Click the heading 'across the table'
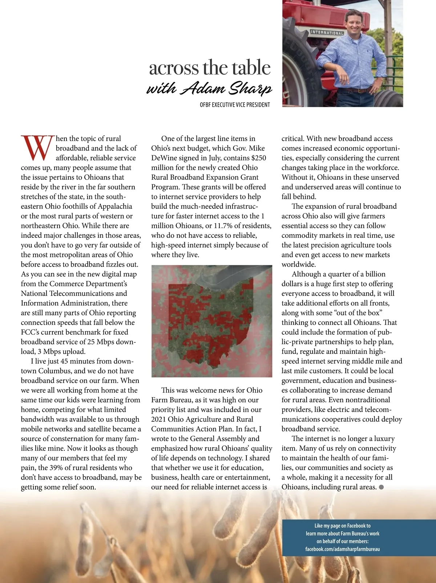[210, 68]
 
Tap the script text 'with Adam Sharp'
[209, 88]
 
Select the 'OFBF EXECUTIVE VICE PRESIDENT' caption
[235, 105]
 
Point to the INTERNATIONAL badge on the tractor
[327, 33]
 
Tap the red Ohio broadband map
[211, 321]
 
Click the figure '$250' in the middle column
[258, 158]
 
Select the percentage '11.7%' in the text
[224, 226]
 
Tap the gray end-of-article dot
[381, 487]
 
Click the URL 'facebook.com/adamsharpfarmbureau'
[342, 549]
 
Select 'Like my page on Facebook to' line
[342, 526]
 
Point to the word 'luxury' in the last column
[384, 439]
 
